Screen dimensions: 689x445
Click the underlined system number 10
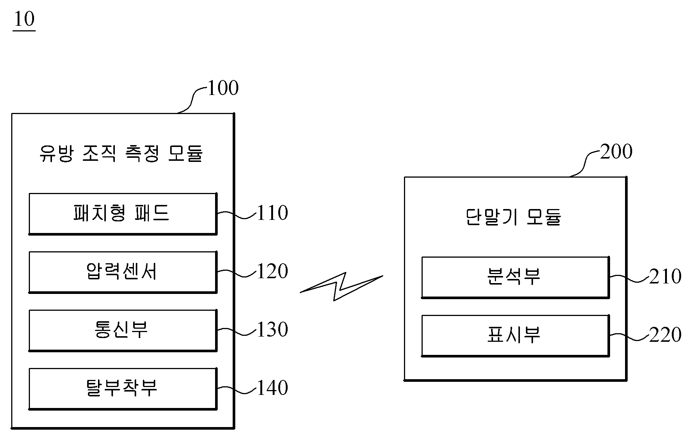tap(24, 19)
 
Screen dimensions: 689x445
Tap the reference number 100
tap(223, 88)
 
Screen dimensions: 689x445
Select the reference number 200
tap(616, 151)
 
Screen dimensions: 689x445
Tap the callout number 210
tap(665, 277)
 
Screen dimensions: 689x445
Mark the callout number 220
tap(665, 335)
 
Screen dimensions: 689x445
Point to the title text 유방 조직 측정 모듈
tap(121, 153)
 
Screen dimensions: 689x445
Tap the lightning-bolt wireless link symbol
tap(341, 287)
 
